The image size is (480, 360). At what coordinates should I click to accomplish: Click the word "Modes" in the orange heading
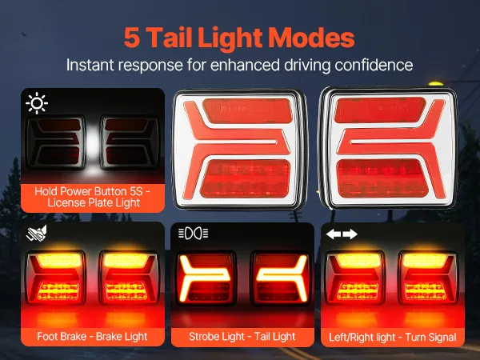click(x=311, y=38)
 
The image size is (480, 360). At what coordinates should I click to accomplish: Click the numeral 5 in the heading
click(x=132, y=38)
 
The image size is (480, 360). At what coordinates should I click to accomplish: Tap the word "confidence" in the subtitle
click(x=374, y=65)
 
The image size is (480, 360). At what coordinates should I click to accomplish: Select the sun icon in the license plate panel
click(x=37, y=103)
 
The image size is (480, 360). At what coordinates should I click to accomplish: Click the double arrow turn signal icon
click(x=342, y=234)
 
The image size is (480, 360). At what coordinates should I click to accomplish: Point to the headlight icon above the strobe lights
click(x=193, y=234)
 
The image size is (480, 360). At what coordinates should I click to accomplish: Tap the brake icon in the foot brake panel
click(x=37, y=234)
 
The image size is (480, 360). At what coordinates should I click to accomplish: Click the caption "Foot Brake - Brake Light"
click(x=92, y=337)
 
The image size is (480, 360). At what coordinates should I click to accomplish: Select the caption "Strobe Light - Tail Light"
click(x=242, y=337)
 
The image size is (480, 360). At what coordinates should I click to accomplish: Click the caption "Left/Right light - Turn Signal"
click(x=393, y=338)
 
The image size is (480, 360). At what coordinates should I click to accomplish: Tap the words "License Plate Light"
click(x=94, y=202)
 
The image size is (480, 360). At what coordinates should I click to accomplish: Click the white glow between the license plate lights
click(x=93, y=144)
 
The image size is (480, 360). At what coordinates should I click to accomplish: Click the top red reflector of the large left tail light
click(x=247, y=110)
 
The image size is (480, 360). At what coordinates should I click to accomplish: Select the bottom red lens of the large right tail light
click(x=382, y=178)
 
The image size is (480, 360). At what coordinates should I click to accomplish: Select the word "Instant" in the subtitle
click(x=90, y=65)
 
